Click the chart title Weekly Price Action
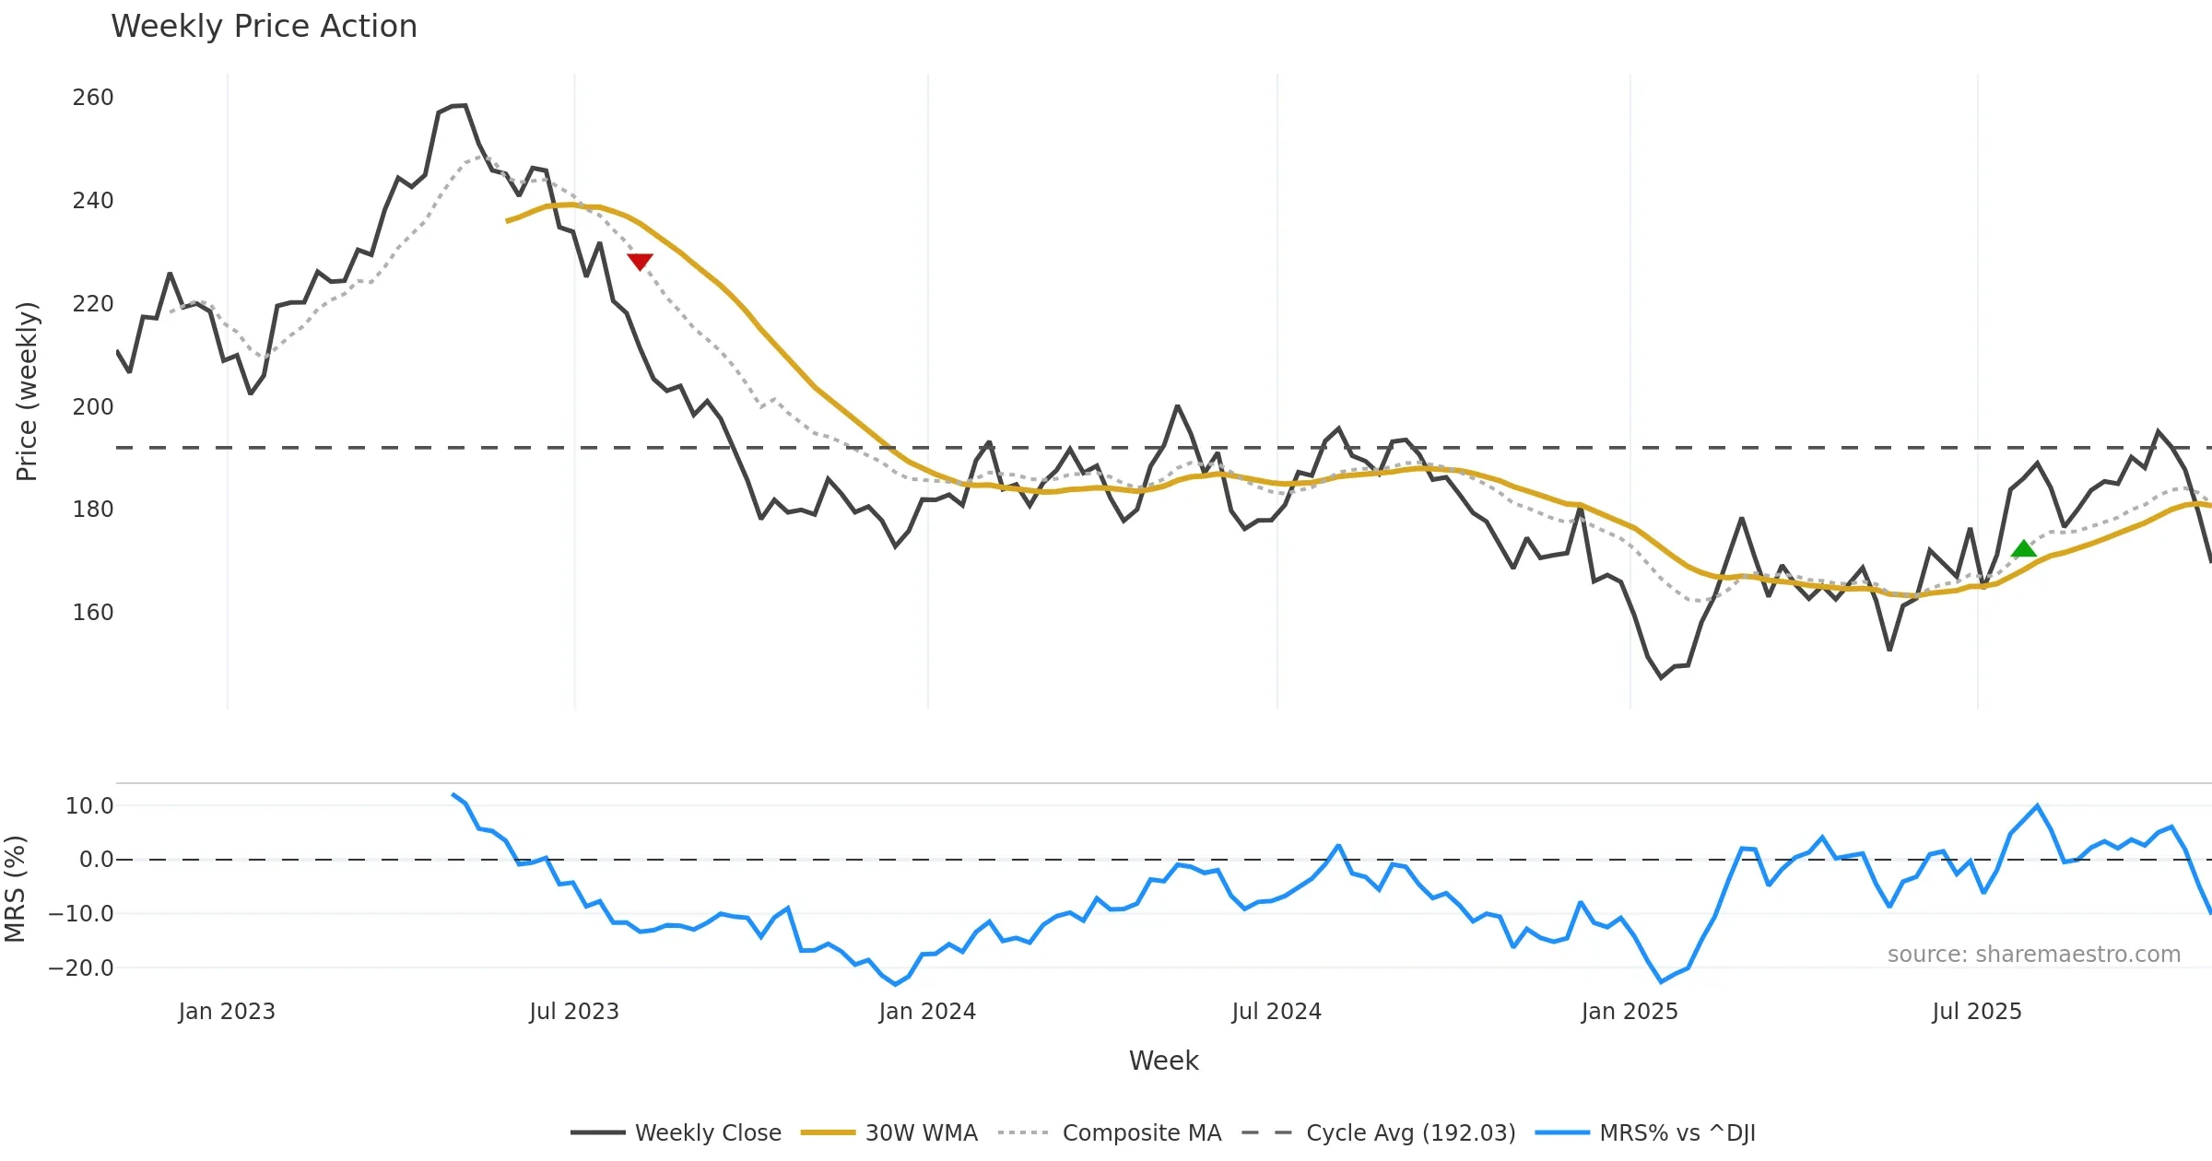click(x=264, y=27)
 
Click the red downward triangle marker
click(x=640, y=262)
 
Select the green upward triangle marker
click(x=2024, y=550)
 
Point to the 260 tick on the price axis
click(x=93, y=98)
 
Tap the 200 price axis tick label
click(x=93, y=406)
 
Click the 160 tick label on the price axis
click(x=93, y=612)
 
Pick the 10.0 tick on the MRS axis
click(x=89, y=806)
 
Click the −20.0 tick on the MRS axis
click(x=81, y=968)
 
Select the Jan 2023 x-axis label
click(x=227, y=1012)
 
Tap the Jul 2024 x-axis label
click(x=1277, y=1012)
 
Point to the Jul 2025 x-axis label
click(x=1977, y=1012)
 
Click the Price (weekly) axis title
click(x=27, y=392)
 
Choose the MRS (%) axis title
click(x=15, y=889)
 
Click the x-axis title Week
click(x=1163, y=1061)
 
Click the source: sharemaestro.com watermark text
click(x=2033, y=955)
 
